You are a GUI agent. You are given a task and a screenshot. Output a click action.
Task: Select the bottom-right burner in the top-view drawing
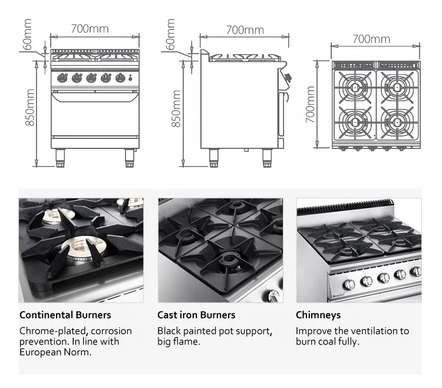[x=397, y=122]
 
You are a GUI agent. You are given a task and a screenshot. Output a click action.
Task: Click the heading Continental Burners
[x=65, y=315]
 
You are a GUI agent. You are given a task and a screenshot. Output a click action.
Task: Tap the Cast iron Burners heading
[x=196, y=315]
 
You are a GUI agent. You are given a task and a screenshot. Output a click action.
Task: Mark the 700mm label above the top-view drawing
[x=371, y=39]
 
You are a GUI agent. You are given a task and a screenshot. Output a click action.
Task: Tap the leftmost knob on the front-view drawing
[x=62, y=78]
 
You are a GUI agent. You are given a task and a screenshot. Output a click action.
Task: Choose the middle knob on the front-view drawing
[x=91, y=78]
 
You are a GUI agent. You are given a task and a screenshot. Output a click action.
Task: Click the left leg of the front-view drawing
[x=61, y=157]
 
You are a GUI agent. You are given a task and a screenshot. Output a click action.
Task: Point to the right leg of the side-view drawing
[x=266, y=157]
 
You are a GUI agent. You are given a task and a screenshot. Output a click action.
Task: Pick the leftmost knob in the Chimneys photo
[x=348, y=284]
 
